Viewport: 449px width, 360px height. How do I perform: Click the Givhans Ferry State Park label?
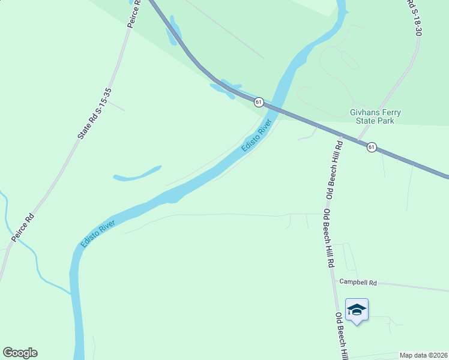coord(375,116)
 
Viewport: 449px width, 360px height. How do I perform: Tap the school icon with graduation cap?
coord(357,310)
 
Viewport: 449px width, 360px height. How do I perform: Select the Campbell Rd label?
coord(358,281)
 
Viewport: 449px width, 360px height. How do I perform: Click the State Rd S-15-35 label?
coord(95,114)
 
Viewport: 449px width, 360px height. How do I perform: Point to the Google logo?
coord(20,353)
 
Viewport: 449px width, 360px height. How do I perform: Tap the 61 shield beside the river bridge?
coord(258,102)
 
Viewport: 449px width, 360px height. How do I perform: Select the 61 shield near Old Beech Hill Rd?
coord(372,147)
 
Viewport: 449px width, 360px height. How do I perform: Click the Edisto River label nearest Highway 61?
coord(256,136)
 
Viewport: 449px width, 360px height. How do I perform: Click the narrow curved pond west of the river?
coord(138,174)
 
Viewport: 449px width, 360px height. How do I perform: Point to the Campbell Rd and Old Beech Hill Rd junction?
coord(332,279)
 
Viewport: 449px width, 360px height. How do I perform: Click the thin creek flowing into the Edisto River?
coord(36,264)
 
